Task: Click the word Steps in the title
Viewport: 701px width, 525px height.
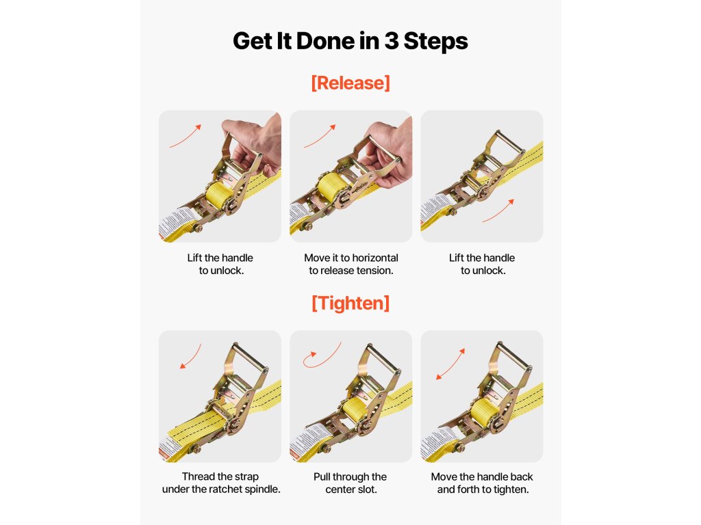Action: pos(436,41)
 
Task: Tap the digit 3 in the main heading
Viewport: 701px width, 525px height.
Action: pos(391,41)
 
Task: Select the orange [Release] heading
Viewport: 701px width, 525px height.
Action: pos(350,83)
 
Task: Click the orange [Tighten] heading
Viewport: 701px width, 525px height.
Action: pos(350,303)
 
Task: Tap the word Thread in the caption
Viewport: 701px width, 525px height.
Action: pos(198,476)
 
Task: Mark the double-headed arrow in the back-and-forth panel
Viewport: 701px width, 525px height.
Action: pos(450,364)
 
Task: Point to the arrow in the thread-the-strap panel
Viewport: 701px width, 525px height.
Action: pos(192,357)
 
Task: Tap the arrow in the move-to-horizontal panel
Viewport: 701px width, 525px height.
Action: pos(320,136)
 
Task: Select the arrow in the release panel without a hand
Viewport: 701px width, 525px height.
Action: pos(498,211)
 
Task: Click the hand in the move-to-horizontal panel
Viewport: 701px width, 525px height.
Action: pos(390,150)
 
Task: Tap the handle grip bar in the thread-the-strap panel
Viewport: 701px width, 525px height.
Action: pos(251,356)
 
